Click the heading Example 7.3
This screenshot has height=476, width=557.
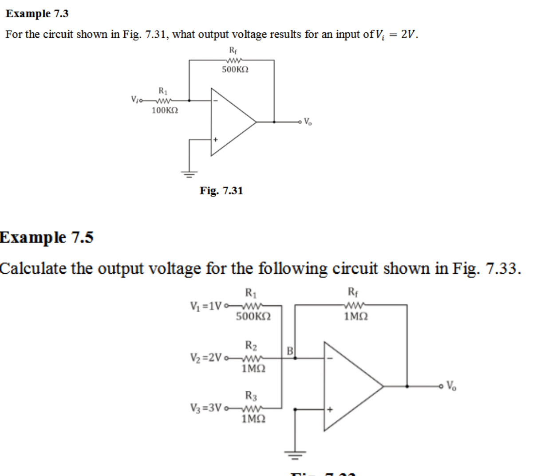coord(37,14)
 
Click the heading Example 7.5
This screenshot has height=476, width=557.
coord(47,237)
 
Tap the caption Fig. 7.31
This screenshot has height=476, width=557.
coord(221,191)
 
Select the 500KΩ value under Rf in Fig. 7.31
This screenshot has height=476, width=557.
coord(235,70)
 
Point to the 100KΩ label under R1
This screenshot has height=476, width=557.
coord(165,110)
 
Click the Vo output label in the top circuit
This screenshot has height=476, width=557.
coord(308,122)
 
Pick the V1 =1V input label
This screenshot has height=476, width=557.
coord(205,306)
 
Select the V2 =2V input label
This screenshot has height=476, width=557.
coord(205,358)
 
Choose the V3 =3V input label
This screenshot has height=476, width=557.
coord(205,408)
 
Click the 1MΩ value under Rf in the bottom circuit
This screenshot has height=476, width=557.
coord(356,316)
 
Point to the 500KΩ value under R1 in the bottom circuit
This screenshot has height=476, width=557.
coord(253,316)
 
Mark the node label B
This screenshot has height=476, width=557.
coord(290,351)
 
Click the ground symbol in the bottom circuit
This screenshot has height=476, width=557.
coord(295,454)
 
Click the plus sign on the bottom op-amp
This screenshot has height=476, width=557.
coord(330,409)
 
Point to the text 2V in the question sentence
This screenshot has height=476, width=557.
coord(408,34)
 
